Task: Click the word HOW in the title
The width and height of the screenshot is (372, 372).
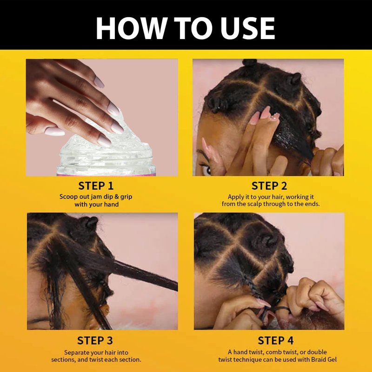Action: tap(130, 28)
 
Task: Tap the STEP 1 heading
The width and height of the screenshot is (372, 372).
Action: tap(96, 186)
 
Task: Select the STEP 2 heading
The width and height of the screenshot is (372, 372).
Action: tap(269, 186)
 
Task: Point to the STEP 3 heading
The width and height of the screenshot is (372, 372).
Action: tap(95, 340)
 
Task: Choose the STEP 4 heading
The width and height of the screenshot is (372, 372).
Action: tap(275, 340)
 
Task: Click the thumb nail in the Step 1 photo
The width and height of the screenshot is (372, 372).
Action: tap(54, 132)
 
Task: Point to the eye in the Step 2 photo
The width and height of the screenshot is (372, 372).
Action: tap(206, 169)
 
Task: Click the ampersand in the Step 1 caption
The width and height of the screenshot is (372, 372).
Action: tap(117, 197)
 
